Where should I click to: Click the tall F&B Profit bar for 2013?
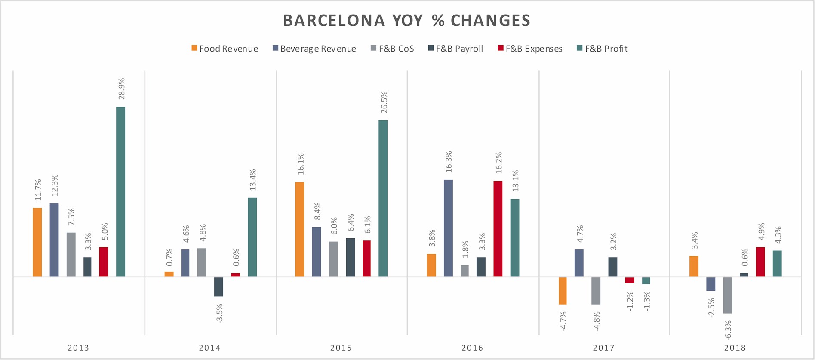pos(120,191)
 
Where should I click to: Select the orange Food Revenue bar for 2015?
pos(300,229)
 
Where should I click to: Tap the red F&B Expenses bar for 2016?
pos(498,228)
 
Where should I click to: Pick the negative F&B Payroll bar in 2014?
pos(218,287)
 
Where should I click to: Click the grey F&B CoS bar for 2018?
pos(728,295)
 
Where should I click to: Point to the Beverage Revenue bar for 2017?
pos(579,263)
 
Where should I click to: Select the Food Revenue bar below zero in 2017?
pos(563,291)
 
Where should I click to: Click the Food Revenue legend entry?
pos(225,49)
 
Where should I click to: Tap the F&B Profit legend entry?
pos(602,49)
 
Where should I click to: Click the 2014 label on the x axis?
pos(209,348)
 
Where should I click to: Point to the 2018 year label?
pos(735,348)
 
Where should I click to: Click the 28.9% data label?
pos(122,89)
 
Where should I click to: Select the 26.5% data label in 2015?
pos(384,102)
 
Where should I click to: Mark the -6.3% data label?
pos(728,330)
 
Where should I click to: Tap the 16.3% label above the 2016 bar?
pos(449,162)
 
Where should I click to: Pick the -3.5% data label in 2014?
pos(219,313)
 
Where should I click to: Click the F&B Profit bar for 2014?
pos(252,237)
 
